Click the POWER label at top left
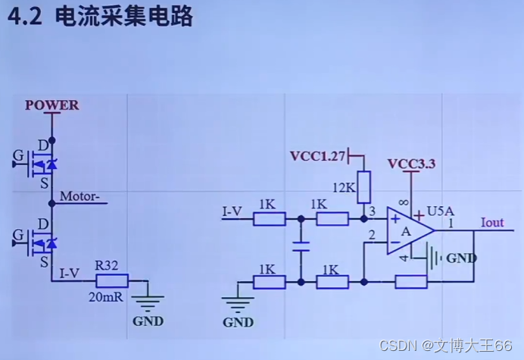tap(51, 105)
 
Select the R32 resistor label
tap(107, 265)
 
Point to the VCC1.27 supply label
tap(317, 156)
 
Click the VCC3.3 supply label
tap(411, 164)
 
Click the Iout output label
tap(492, 223)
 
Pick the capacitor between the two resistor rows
tap(301, 247)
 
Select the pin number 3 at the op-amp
tap(372, 210)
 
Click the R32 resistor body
tap(111, 280)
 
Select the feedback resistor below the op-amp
tap(411, 282)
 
